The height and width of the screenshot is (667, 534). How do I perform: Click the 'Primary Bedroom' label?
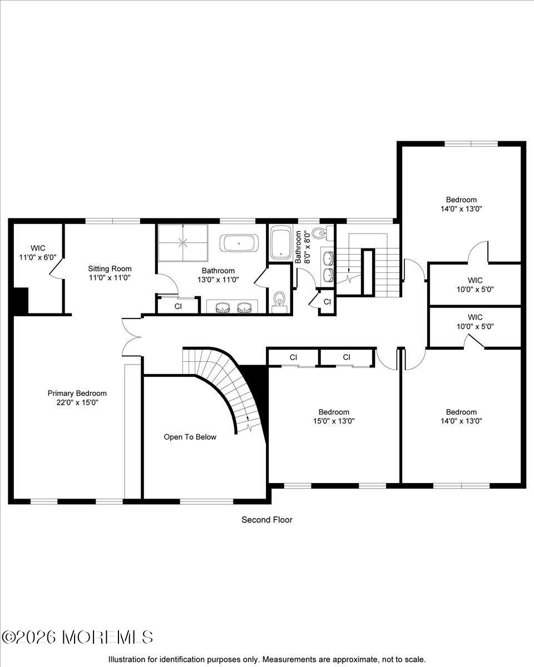coord(77,393)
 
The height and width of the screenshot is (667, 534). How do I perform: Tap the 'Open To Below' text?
coord(190,437)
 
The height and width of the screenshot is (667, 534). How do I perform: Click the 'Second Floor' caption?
coord(266,520)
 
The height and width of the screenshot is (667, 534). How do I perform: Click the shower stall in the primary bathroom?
coord(182,242)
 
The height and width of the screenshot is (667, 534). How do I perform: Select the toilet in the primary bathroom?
coord(280,299)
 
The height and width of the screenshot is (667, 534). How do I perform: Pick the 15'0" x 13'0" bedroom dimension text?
coord(334,421)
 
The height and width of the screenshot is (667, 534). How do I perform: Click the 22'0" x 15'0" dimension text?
coord(77,402)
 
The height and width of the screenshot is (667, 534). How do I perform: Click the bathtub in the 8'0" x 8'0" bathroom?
coord(281,242)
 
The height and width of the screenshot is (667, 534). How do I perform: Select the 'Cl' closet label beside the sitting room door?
coord(178,306)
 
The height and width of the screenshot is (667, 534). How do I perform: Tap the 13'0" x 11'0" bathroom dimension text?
coord(218,280)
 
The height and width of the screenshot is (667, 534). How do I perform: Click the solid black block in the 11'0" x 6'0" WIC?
coord(21,301)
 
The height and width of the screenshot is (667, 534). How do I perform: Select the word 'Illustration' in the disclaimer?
coord(126,659)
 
